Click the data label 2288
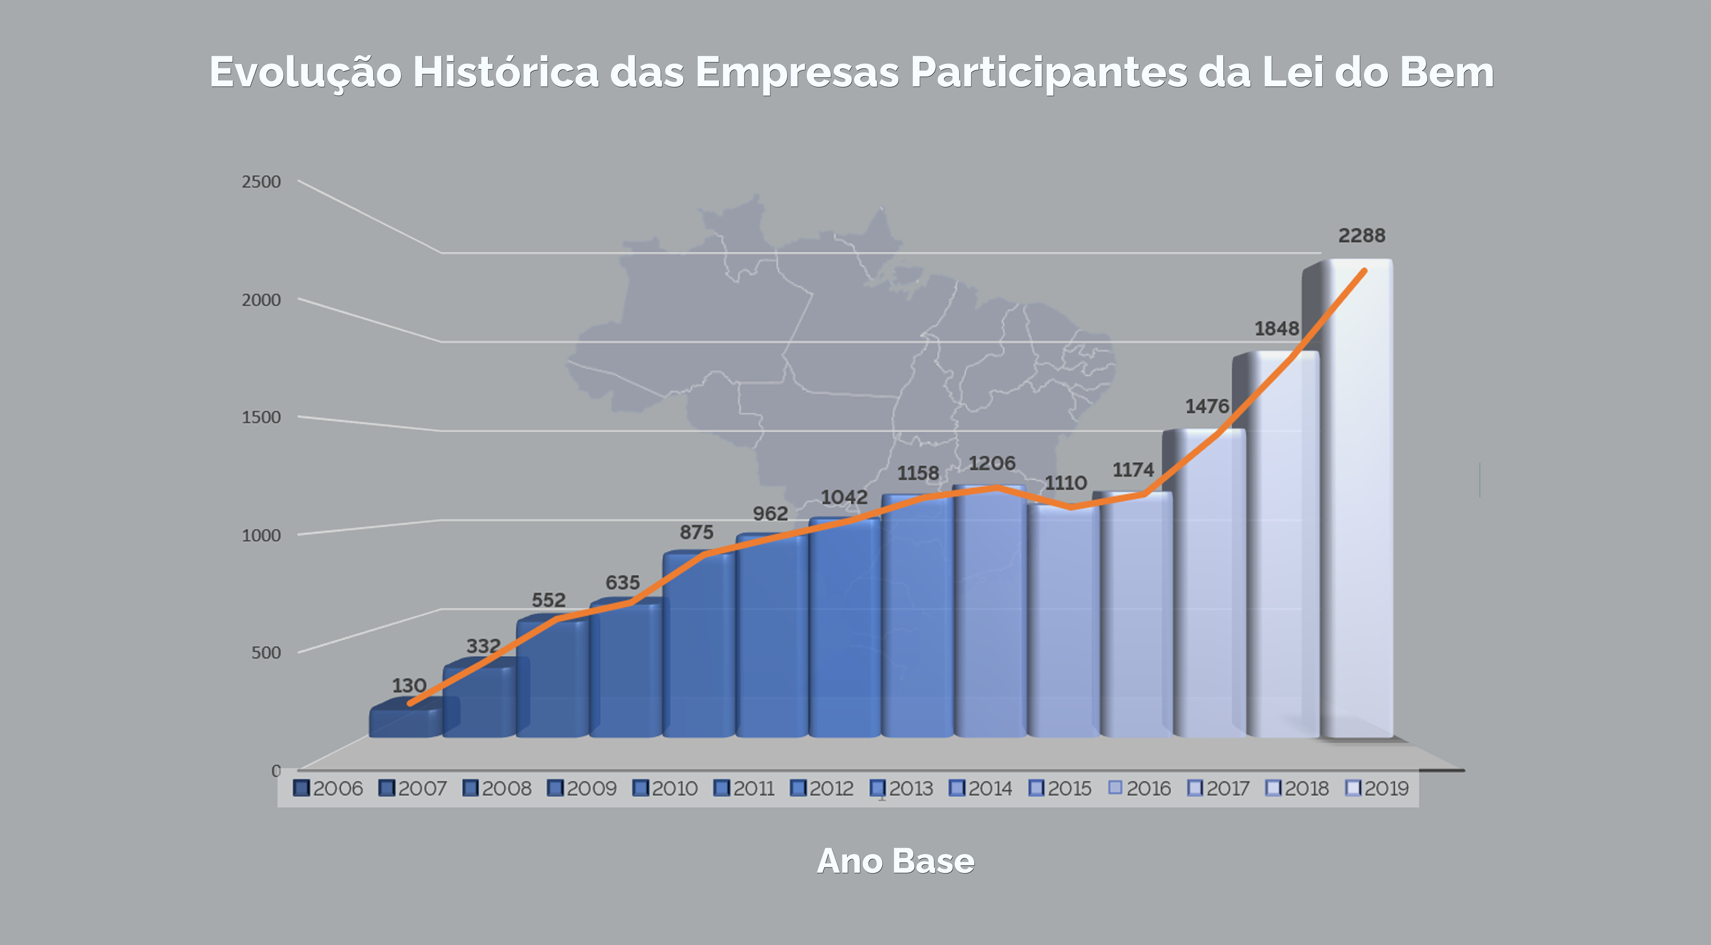pos(1362,236)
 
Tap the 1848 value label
pos(1276,328)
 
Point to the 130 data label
pos(408,685)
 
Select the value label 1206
pos(992,463)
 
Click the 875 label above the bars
pos(696,532)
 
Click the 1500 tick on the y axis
pos(261,417)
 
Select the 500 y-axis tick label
pos(266,653)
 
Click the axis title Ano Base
pos(895,861)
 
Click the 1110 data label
pos(1065,483)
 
